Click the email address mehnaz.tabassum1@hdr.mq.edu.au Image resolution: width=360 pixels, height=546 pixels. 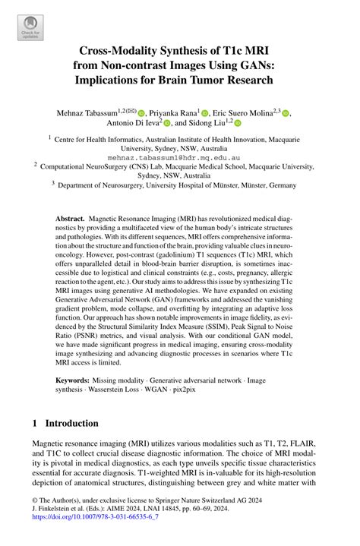coord(179,159)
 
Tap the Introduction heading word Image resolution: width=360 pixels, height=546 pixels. coord(77,422)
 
